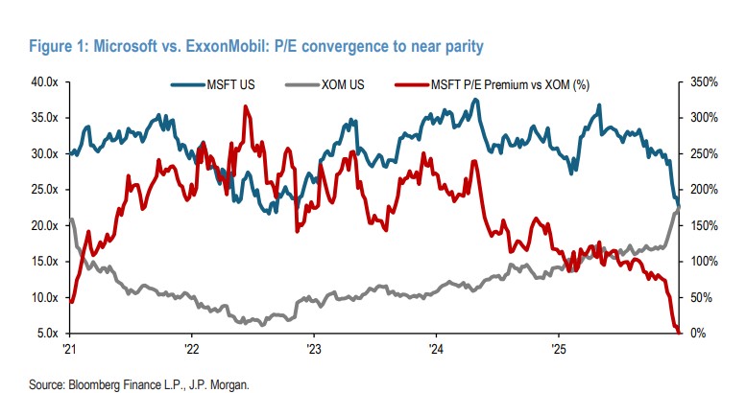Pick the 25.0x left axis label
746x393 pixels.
(43, 190)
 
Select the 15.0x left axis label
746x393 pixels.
(43, 262)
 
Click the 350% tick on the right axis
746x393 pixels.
(705, 82)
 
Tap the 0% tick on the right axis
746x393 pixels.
(697, 334)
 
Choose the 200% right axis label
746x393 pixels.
(705, 190)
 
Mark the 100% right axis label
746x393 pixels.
(705, 262)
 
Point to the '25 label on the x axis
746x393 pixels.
(556, 349)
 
